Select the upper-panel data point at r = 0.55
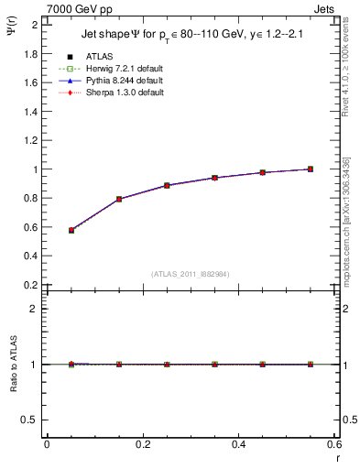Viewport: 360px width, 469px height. (311, 169)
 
